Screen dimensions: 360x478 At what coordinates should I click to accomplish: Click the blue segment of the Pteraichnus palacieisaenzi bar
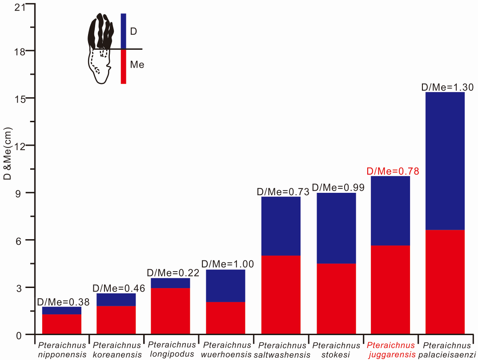tap(445, 161)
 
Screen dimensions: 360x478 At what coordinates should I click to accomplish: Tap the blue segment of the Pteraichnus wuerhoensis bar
tap(226, 286)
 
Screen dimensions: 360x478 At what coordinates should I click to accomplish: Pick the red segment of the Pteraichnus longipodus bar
tap(171, 311)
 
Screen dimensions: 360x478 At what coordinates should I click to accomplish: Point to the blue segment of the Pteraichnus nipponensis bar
tap(62, 311)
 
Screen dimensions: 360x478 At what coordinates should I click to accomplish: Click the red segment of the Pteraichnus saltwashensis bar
tap(281, 295)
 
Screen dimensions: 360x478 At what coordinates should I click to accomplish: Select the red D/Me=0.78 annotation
tap(393, 171)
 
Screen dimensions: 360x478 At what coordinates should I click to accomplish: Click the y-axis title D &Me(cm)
tap(8, 153)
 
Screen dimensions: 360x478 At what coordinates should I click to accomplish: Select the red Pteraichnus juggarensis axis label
tap(391, 350)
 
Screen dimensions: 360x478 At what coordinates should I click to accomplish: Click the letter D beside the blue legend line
tap(133, 32)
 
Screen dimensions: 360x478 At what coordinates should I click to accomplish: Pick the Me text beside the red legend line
tap(137, 65)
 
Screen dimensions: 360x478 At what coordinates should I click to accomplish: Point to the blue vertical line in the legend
tap(124, 31)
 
